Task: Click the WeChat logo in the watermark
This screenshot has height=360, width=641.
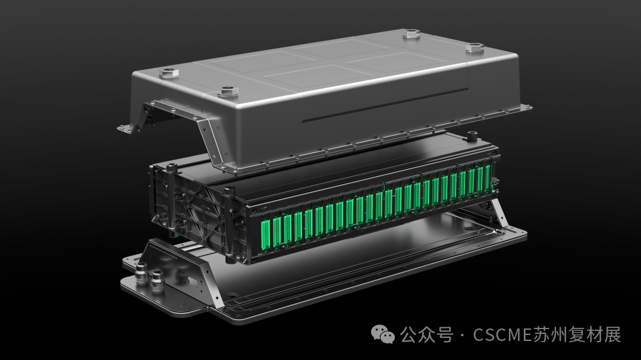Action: tap(383, 334)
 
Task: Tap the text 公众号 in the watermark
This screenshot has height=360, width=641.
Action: tap(426, 334)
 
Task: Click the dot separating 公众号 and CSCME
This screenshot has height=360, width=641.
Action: tap(462, 335)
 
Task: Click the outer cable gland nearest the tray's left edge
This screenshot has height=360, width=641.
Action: tap(141, 273)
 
